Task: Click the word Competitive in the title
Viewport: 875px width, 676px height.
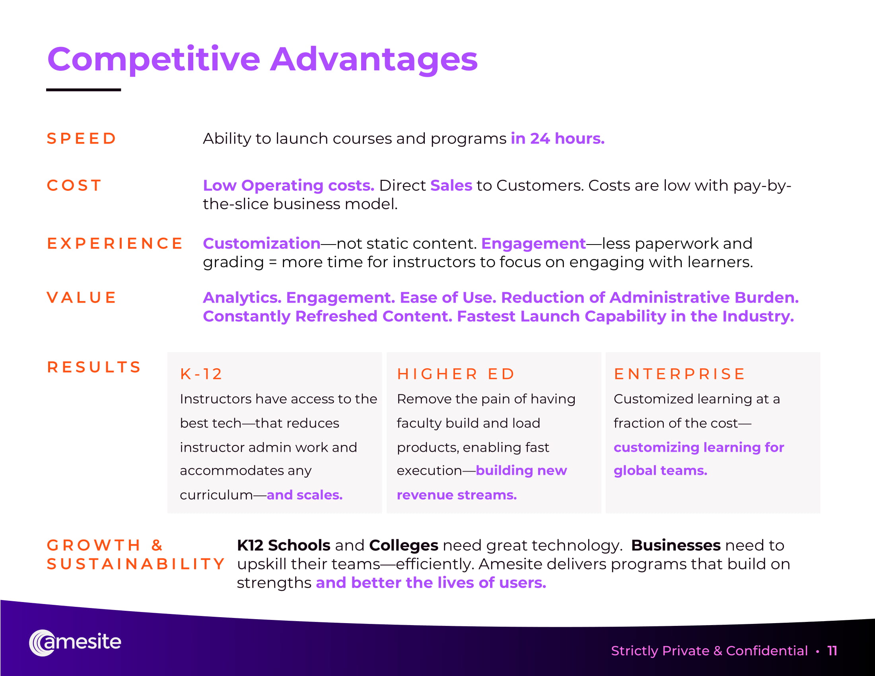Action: point(154,60)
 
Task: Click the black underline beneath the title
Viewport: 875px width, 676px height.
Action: point(84,90)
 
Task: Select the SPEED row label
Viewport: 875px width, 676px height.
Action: point(81,138)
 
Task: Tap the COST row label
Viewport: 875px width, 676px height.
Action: point(74,185)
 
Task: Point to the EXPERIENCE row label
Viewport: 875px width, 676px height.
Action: point(115,243)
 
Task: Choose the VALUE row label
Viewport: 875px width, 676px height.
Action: point(81,297)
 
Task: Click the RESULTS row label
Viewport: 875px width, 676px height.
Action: point(94,367)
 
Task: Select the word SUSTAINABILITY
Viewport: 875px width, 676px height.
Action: point(136,564)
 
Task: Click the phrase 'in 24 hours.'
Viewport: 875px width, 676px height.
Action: point(557,138)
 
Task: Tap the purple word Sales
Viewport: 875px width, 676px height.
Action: point(451,185)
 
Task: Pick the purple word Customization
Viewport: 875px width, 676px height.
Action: point(262,243)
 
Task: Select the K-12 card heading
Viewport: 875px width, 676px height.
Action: point(201,374)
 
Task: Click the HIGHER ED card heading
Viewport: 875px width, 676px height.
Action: point(455,374)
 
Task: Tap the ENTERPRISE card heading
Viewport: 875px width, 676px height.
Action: point(679,374)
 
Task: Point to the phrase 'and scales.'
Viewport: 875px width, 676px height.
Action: point(305,495)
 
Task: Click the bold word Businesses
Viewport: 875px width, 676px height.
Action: point(676,546)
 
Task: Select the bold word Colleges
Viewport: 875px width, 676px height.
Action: point(403,546)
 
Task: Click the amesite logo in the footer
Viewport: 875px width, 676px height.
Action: point(75,642)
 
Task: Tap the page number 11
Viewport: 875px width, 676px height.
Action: point(832,651)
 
